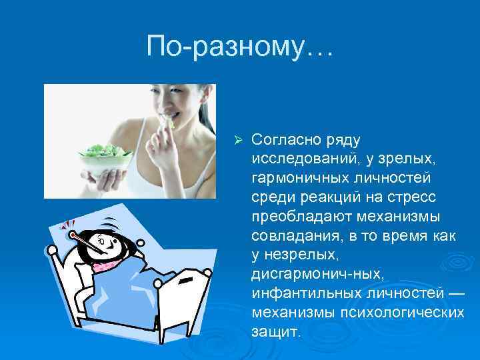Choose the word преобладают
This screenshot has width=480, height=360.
[297, 217]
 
